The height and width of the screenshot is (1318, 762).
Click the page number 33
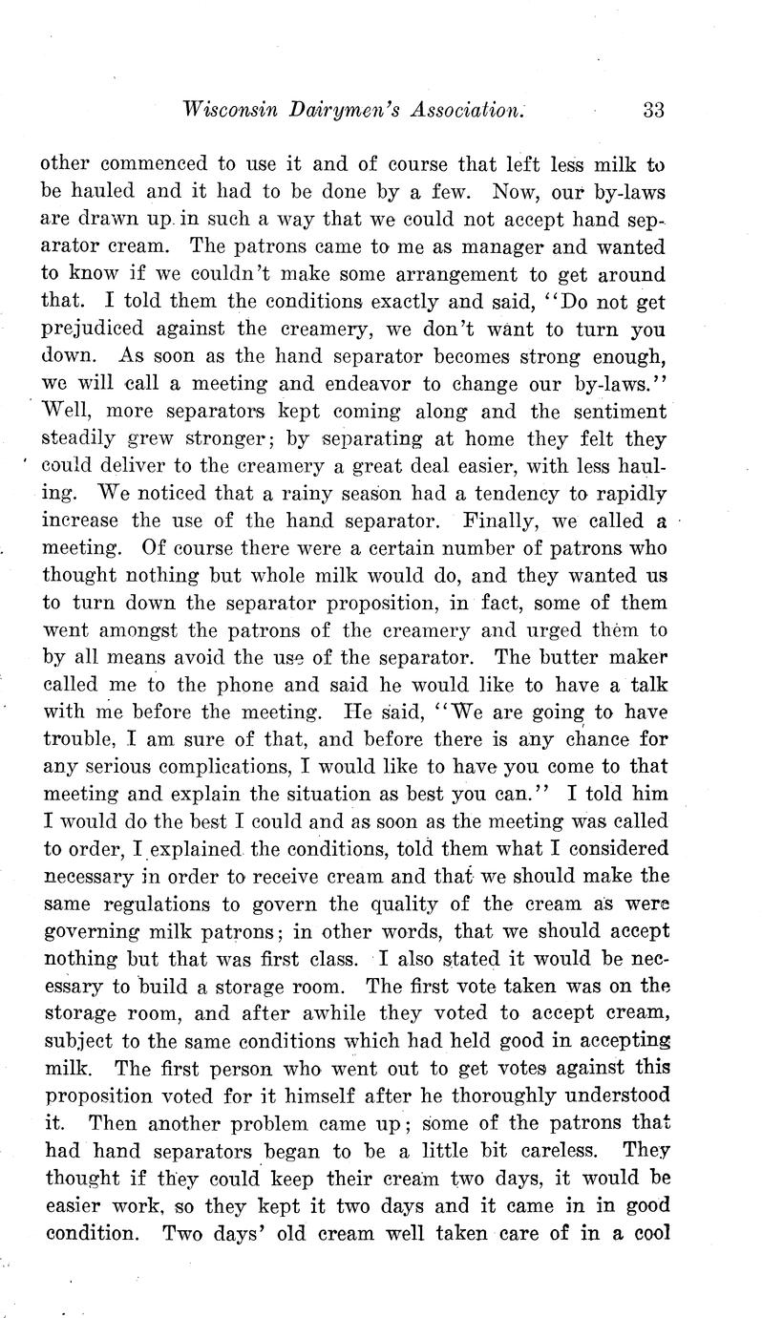click(653, 110)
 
